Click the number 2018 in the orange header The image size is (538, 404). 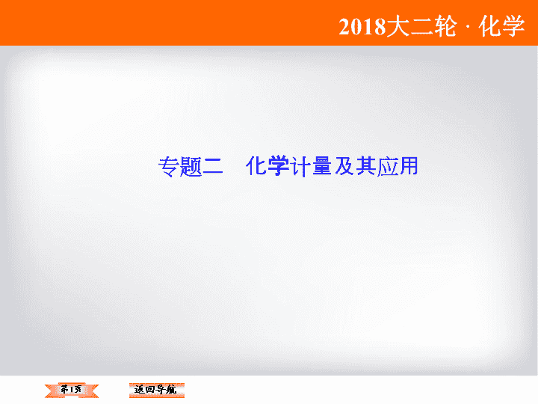(x=362, y=26)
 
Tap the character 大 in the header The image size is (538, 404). (x=398, y=26)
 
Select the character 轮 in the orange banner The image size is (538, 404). (x=445, y=26)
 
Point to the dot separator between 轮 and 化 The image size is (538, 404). (x=468, y=27)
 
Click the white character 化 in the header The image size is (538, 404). (x=489, y=26)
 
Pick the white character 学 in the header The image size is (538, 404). (x=513, y=26)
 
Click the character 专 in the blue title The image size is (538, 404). (x=169, y=167)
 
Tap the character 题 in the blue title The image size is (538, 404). (x=191, y=167)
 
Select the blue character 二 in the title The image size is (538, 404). (x=213, y=167)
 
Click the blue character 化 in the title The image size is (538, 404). (x=256, y=166)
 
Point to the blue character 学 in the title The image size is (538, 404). (x=278, y=166)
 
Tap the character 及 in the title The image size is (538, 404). (x=344, y=166)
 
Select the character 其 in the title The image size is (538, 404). (x=365, y=166)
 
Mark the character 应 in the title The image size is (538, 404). (x=387, y=167)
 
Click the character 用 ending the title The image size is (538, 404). (x=409, y=166)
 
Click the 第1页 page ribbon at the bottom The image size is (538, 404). (x=72, y=391)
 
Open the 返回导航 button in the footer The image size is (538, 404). (x=156, y=391)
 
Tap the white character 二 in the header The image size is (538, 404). (x=421, y=26)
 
